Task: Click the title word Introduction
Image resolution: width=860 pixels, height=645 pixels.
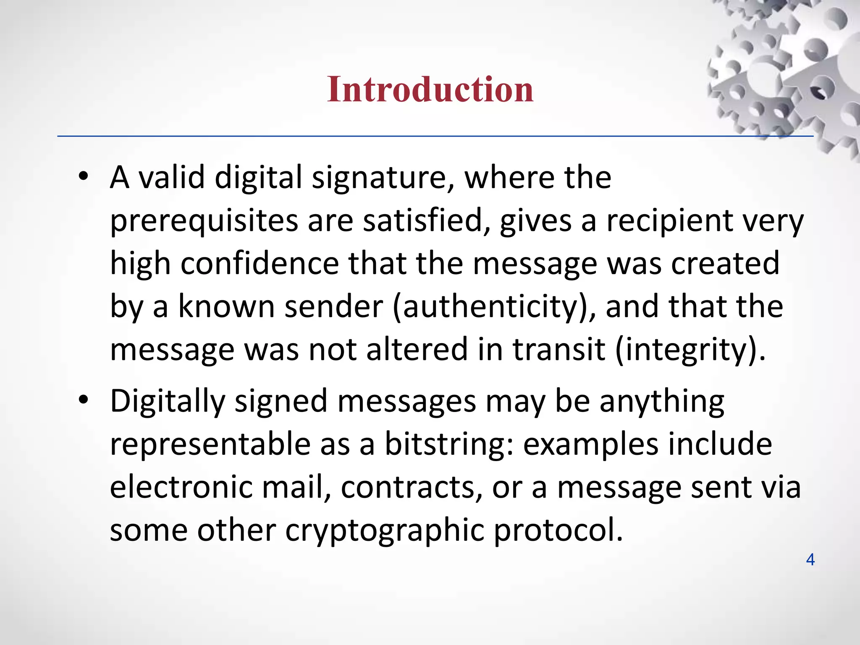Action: tap(430, 89)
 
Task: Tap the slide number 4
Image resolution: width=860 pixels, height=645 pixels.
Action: tap(810, 560)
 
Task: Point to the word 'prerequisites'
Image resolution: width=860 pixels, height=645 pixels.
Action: tap(204, 222)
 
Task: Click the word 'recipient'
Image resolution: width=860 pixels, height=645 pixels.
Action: tap(669, 221)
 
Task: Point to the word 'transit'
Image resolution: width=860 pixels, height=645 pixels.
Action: tap(558, 349)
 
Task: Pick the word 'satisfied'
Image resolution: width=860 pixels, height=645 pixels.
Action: tap(427, 221)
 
